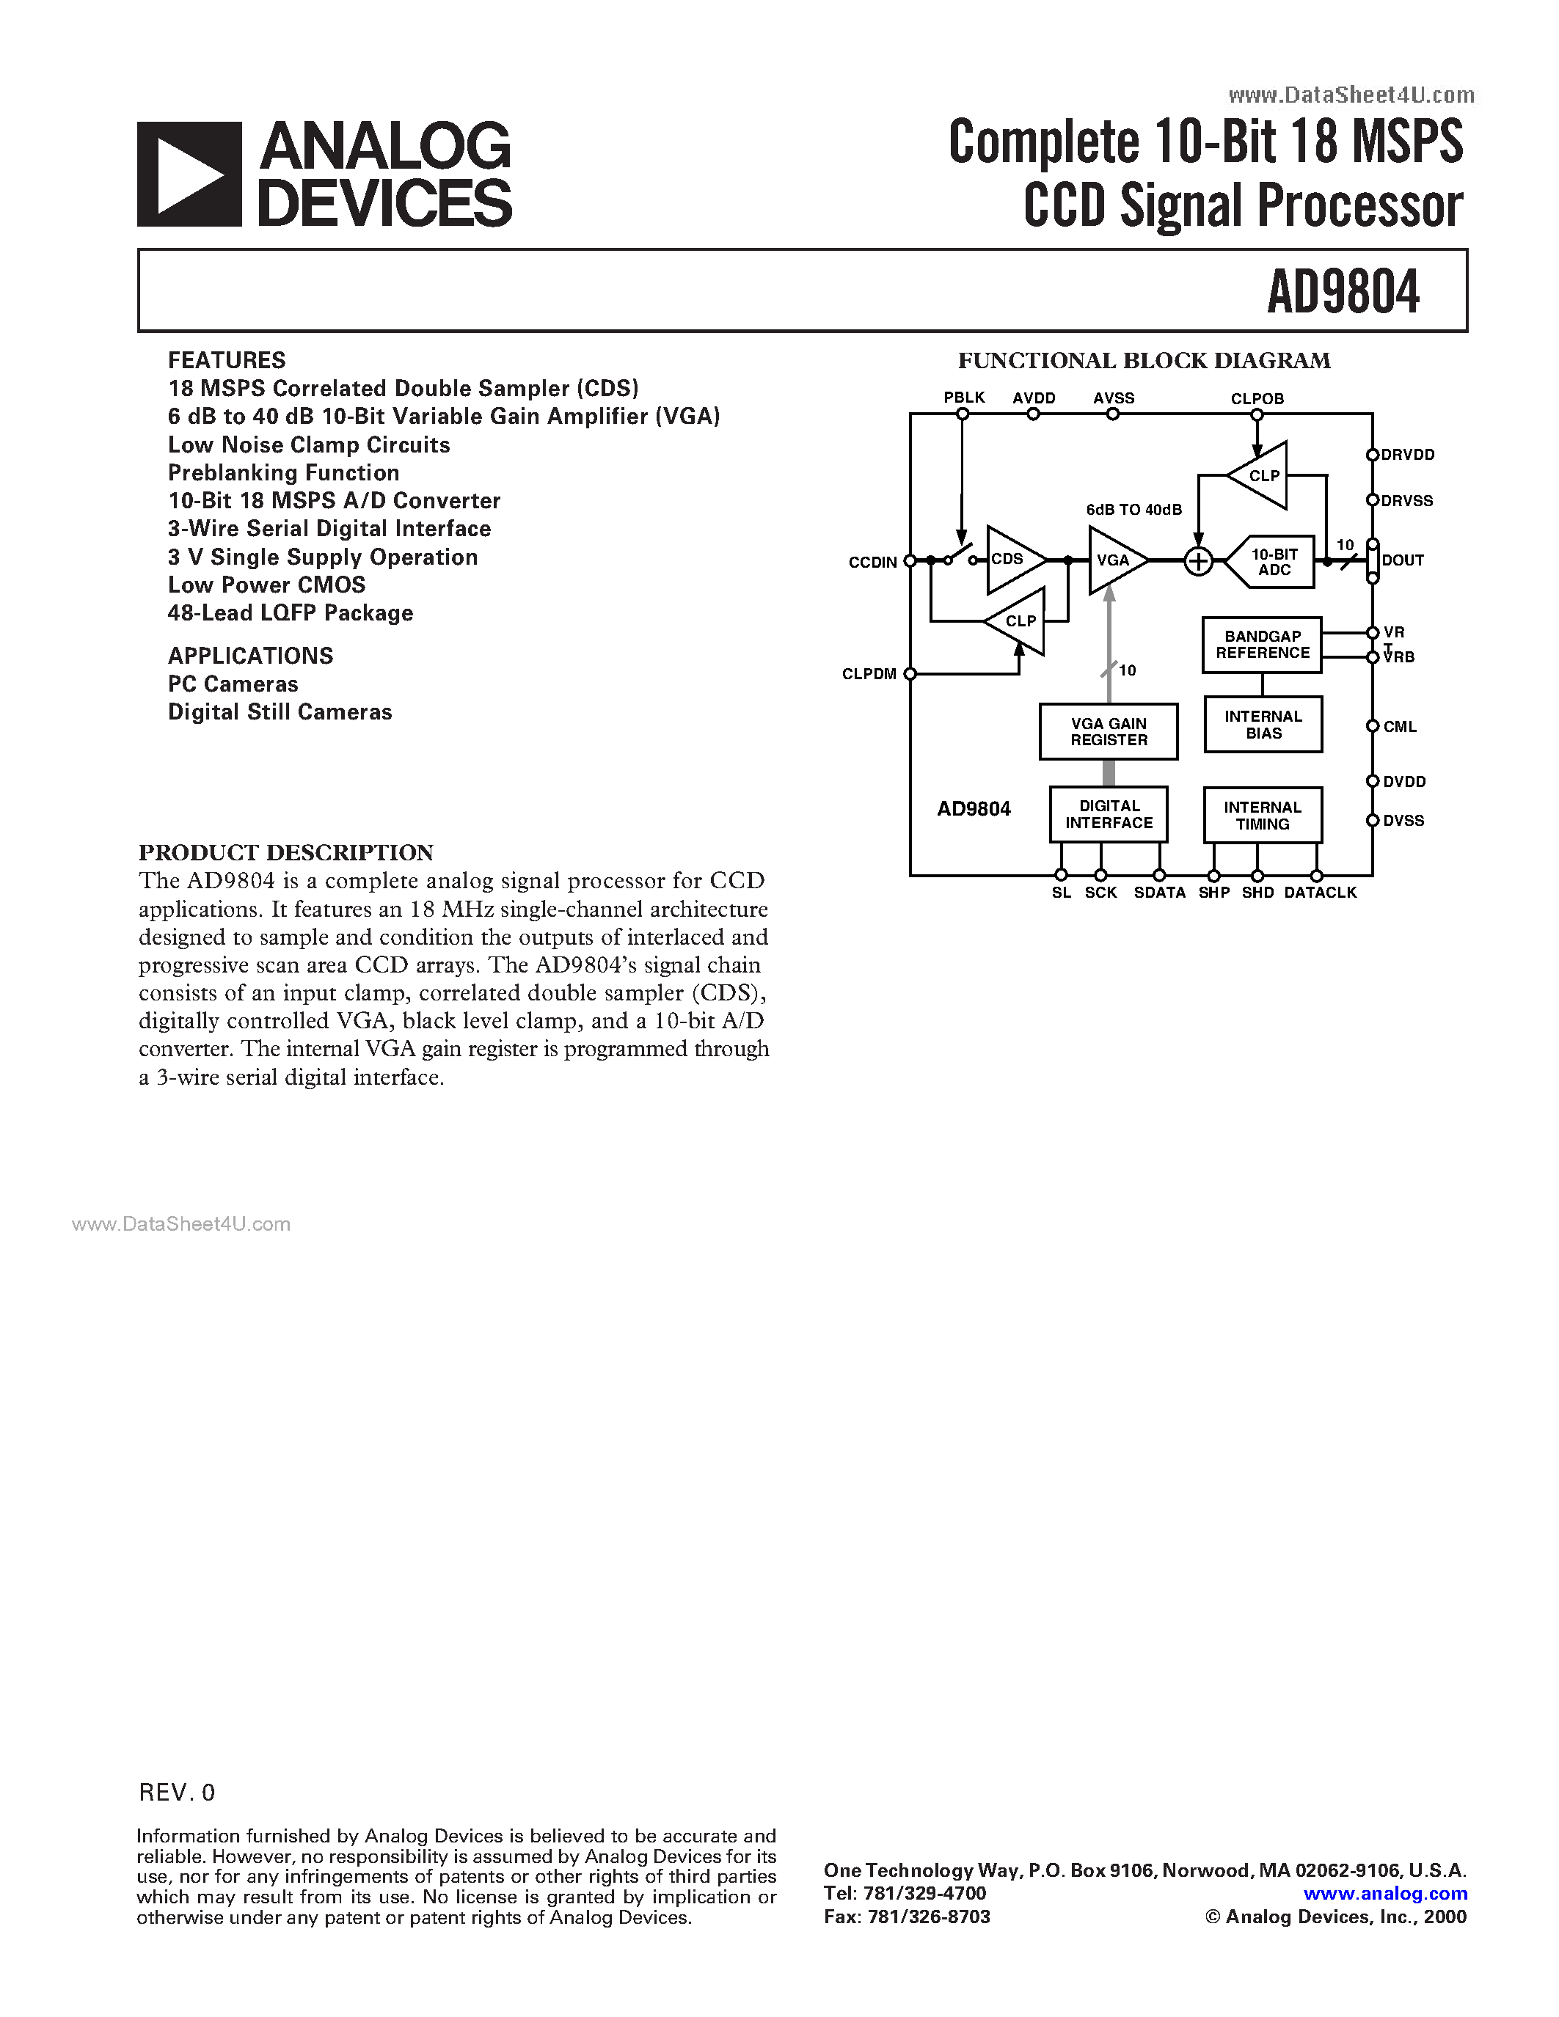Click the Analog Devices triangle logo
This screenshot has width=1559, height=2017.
click(189, 175)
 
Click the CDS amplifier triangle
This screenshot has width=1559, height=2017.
click(1011, 560)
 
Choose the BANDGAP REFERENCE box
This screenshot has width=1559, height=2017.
click(1262, 645)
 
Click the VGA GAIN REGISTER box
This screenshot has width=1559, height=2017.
click(1109, 731)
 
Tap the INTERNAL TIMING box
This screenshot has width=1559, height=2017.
click(1262, 816)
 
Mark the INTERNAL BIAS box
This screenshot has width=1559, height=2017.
click(1263, 725)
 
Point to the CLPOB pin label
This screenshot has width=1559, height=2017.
click(1257, 399)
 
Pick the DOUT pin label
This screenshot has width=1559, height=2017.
click(1402, 560)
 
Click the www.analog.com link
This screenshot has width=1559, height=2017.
click(1384, 1893)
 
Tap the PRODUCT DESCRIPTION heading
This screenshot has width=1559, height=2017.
click(285, 852)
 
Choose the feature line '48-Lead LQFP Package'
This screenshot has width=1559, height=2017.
click(290, 613)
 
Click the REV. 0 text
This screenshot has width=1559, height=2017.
click(176, 1793)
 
